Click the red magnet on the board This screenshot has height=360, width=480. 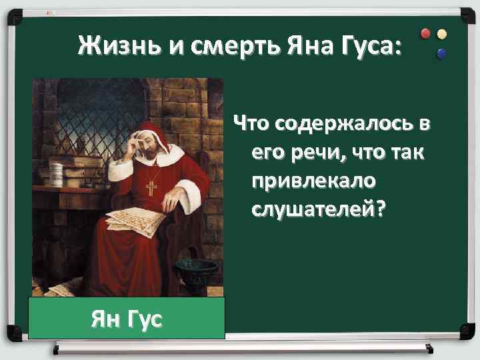coord(427,34)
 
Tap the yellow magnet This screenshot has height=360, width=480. coord(441,34)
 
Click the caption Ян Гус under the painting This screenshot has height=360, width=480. coord(127,319)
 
